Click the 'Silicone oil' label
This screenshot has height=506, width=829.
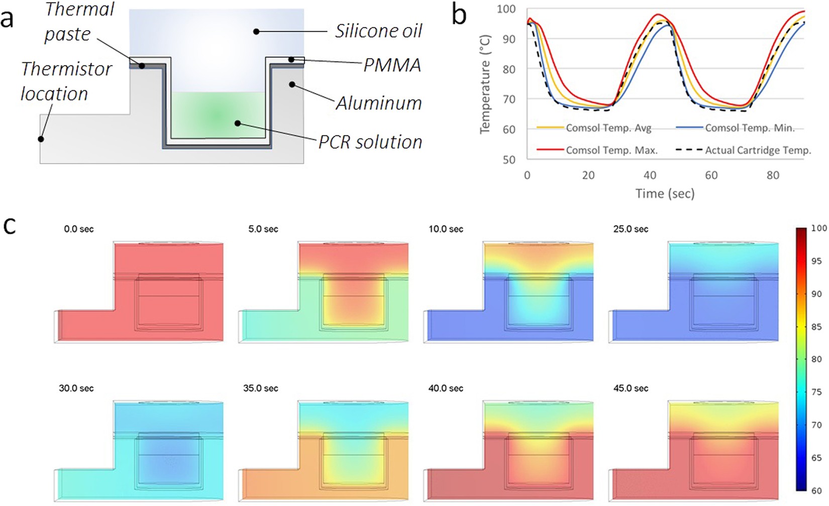point(378,31)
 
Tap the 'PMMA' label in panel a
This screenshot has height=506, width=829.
point(392,65)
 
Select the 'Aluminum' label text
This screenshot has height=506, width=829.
point(378,103)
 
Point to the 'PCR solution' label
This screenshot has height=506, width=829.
point(370,142)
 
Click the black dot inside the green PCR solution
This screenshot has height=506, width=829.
point(237,123)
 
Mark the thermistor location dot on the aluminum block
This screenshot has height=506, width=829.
point(41,139)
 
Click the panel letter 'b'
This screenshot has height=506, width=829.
point(459,15)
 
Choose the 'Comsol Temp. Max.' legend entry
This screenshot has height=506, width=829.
point(611,150)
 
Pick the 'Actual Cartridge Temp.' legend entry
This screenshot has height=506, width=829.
point(758,150)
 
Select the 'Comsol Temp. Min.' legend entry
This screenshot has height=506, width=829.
point(750,128)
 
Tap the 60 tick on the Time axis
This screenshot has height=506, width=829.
point(711,175)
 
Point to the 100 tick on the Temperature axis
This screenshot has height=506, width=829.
point(506,9)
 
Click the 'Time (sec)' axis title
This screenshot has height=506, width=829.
point(665,193)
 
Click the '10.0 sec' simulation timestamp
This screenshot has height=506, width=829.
point(446,229)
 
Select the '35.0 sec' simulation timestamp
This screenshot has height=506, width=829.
point(260,388)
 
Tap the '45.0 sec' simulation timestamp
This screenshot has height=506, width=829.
point(631,388)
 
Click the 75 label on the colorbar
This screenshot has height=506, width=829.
point(817,392)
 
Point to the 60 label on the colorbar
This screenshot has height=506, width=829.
point(817,490)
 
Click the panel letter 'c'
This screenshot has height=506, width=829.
point(9,226)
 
